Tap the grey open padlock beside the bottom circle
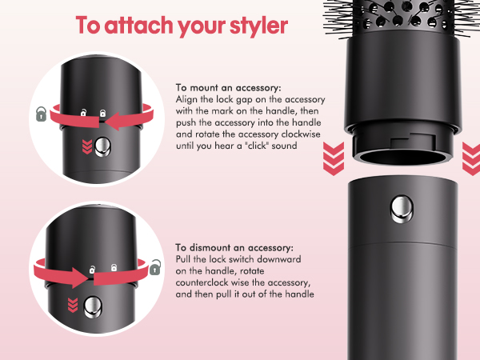154,265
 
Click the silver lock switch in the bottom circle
94,306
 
